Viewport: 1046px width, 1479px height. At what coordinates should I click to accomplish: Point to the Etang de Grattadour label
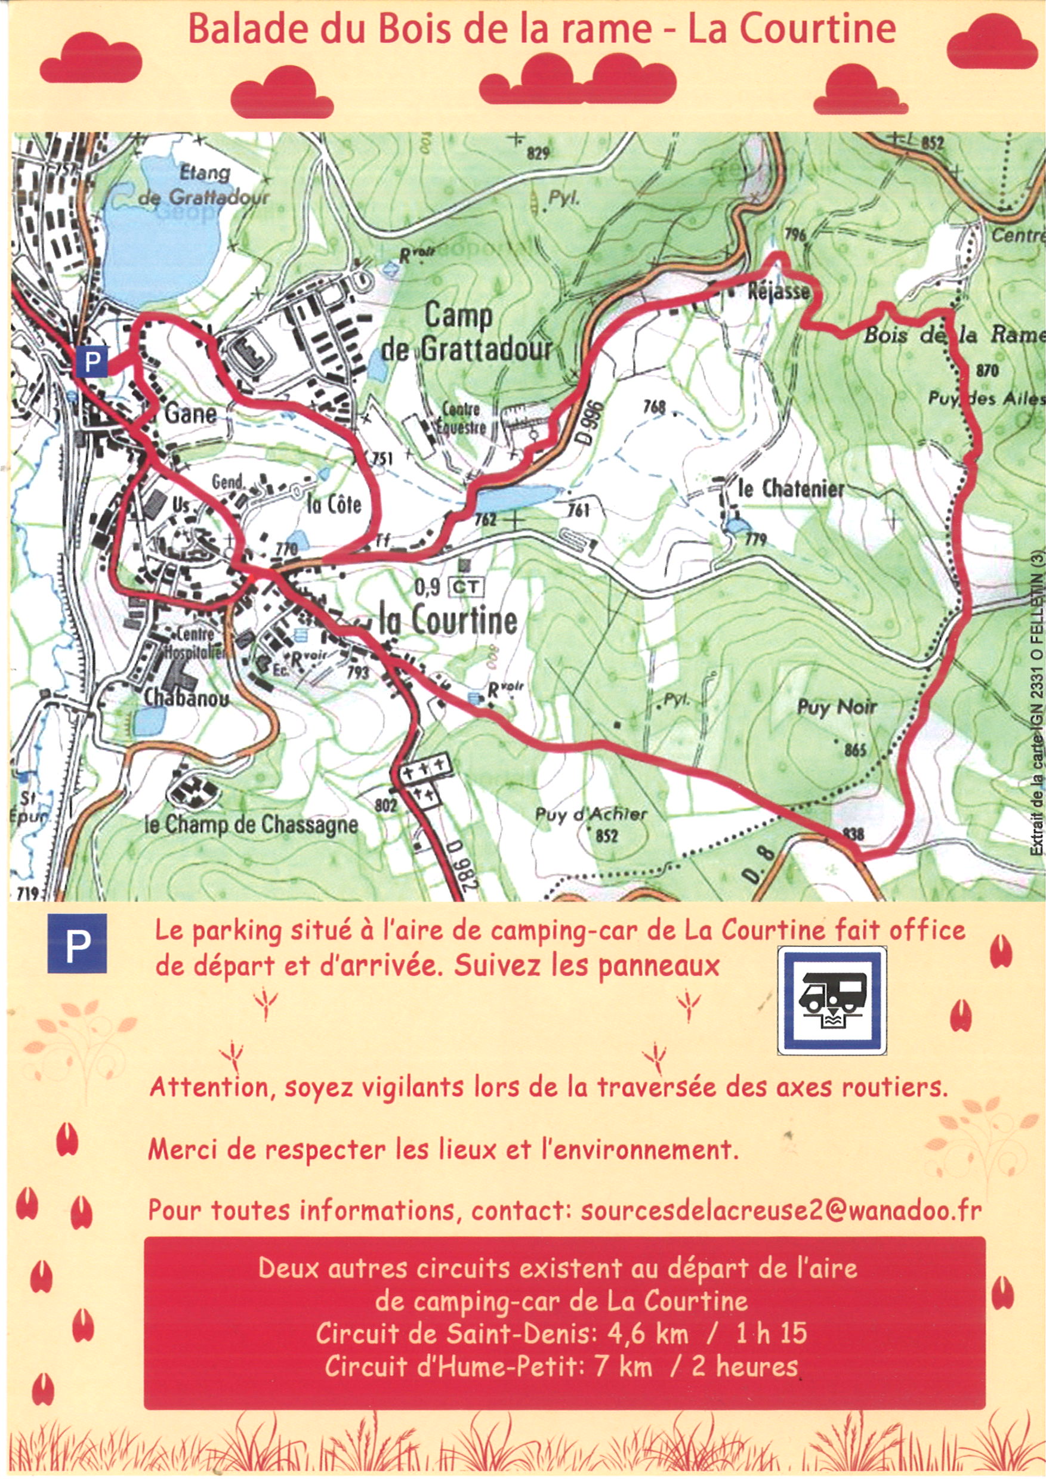point(204,185)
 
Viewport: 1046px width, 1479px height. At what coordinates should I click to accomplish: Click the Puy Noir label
point(837,707)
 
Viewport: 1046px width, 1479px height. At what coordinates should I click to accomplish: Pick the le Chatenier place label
point(791,489)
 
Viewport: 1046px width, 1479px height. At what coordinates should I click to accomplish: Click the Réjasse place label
point(777,292)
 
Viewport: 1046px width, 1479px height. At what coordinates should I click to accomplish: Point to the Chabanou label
point(186,698)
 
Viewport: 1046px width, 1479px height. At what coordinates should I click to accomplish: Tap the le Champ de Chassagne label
point(251,825)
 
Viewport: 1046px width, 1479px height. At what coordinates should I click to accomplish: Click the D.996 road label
point(593,423)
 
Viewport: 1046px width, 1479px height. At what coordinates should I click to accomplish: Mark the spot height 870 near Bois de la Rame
point(987,370)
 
